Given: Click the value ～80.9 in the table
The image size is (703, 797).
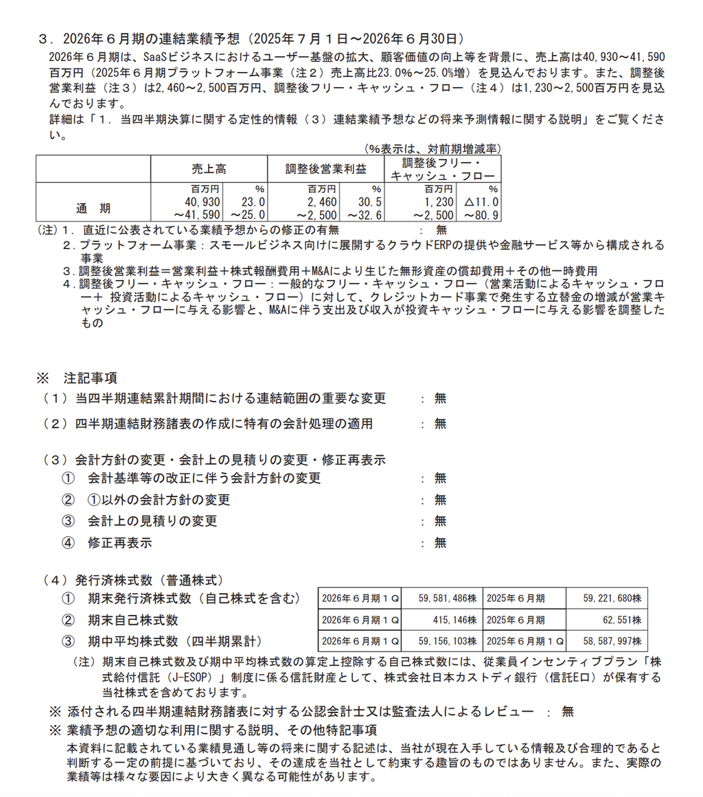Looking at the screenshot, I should [480, 215].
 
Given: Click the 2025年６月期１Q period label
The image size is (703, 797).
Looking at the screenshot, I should [525, 642].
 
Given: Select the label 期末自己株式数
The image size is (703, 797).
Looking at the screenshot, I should [133, 620].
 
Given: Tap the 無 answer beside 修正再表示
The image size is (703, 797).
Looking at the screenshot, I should [440, 542].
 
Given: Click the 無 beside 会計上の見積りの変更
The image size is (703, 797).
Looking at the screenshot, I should [440, 521].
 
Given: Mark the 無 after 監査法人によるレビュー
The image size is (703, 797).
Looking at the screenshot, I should [567, 711].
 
